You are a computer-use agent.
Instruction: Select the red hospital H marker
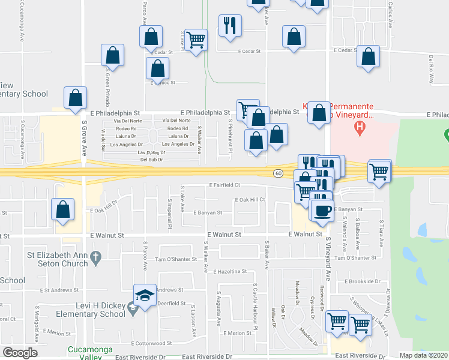pyautogui.click(x=360, y=127)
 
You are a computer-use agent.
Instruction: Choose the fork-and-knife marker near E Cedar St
pyautogui.click(x=230, y=26)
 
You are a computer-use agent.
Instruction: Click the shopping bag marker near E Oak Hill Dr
pyautogui.click(x=64, y=210)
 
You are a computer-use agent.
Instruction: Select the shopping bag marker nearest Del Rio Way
pyautogui.click(x=368, y=57)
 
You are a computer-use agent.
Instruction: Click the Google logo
pyautogui.click(x=20, y=352)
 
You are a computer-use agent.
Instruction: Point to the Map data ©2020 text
pyautogui.click(x=424, y=355)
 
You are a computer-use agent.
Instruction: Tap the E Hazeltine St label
pyautogui.click(x=229, y=272)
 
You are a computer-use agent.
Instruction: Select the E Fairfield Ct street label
pyautogui.click(x=224, y=185)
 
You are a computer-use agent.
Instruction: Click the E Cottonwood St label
pyautogui.click(x=152, y=344)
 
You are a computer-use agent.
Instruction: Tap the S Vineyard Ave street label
pyautogui.click(x=329, y=259)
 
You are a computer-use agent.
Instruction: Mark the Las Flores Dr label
pyautogui.click(x=151, y=152)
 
